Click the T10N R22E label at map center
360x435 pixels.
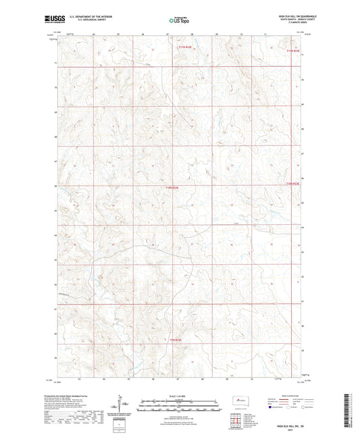(172, 187)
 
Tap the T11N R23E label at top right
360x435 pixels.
(292, 50)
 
